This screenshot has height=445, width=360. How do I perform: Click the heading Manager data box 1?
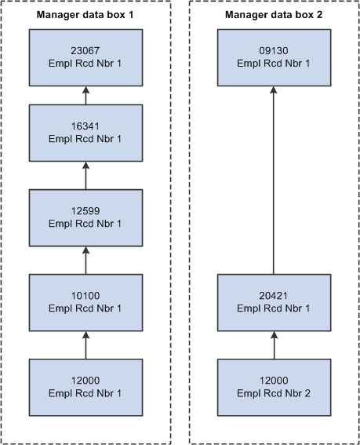85,14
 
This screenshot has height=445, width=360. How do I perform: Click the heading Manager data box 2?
274,14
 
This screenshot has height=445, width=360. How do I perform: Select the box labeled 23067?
85,57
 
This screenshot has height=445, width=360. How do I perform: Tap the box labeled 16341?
85,133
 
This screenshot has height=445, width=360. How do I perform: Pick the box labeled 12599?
85,218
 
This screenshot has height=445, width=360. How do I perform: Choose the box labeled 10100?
85,302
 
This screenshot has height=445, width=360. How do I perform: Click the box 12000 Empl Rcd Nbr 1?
85,388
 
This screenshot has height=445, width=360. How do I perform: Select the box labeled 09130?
274,57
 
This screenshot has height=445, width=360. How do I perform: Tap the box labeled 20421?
274,302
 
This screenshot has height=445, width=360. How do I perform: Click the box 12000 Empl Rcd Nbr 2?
274,388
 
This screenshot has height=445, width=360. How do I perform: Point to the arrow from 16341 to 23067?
85,96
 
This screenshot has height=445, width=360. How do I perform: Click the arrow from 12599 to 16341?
85,176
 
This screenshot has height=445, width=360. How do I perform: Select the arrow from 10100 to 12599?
85,261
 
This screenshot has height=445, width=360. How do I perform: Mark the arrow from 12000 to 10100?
85,345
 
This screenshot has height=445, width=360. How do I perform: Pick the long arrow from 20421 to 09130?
274,181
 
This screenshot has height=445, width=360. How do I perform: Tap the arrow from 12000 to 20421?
274,345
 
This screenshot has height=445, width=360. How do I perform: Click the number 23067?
85,51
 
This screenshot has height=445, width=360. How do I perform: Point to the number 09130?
274,51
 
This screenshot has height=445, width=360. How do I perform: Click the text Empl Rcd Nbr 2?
274,394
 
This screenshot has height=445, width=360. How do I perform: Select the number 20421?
274,296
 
